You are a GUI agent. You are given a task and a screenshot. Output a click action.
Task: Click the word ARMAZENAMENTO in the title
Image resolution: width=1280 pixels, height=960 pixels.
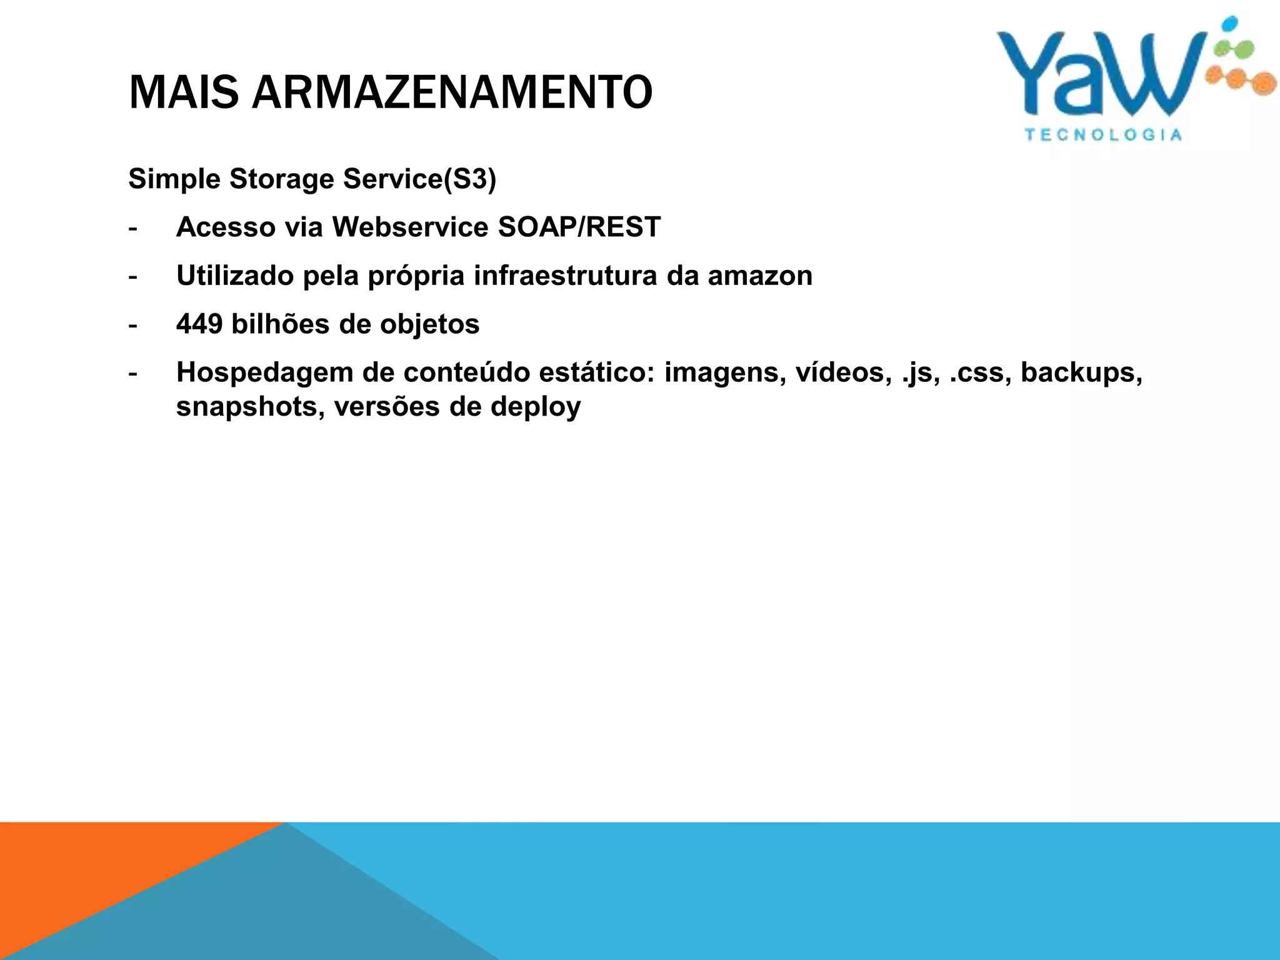click(452, 92)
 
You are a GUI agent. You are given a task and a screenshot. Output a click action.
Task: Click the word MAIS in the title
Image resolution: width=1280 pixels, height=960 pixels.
click(184, 92)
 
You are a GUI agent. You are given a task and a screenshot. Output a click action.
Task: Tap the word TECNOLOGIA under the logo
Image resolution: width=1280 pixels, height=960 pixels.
click(1103, 135)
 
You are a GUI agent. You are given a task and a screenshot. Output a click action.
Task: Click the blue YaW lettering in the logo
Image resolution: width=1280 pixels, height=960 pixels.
click(1100, 75)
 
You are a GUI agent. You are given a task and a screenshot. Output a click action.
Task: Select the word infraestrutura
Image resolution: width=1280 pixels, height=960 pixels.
click(565, 276)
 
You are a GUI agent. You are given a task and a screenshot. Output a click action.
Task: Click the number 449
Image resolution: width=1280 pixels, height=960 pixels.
click(199, 324)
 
